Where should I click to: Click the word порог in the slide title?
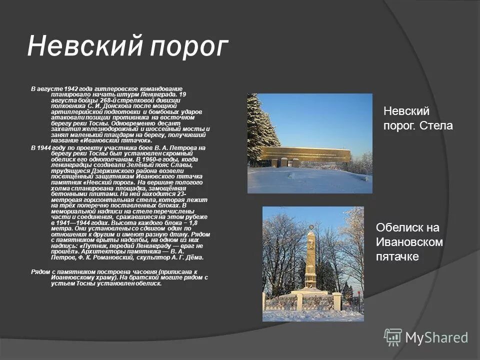(188, 47)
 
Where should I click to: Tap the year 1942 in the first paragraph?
(73, 88)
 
